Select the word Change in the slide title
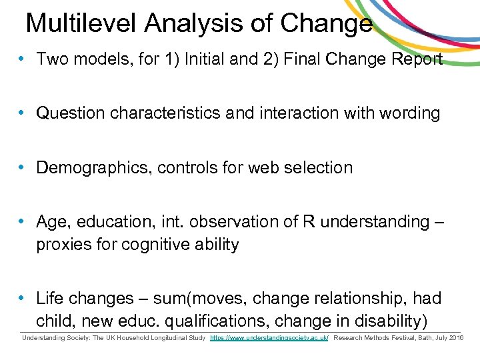click(x=326, y=23)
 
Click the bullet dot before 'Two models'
click(x=23, y=59)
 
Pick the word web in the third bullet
click(x=263, y=167)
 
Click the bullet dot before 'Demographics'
click(x=23, y=167)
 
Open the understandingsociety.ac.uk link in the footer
click(x=269, y=339)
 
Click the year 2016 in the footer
click(x=456, y=339)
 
